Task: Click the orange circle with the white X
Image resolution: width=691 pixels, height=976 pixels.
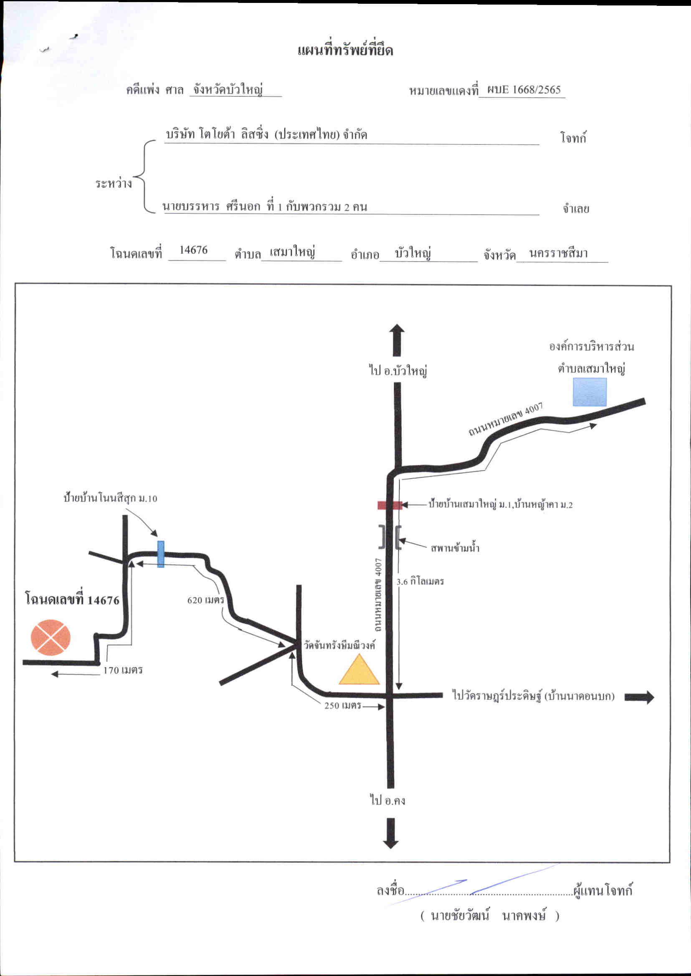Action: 51,638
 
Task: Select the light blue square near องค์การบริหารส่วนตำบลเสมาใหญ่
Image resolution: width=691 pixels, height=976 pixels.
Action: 589,392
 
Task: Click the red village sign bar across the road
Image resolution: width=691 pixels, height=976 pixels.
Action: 390,505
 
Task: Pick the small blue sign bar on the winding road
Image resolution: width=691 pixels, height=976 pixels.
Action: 161,554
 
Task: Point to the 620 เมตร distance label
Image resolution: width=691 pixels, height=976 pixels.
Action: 205,600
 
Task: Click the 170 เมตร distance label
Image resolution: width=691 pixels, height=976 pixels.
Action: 123,670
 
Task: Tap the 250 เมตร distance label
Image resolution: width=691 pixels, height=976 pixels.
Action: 343,706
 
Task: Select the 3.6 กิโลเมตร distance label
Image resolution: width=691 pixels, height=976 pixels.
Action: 420,581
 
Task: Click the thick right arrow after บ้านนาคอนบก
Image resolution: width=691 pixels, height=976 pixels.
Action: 639,697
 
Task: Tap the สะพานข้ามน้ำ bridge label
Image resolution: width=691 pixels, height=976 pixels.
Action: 455,548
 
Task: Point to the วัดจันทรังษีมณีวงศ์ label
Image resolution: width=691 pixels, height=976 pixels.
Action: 339,645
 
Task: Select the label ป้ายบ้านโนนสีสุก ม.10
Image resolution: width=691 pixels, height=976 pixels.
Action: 110,498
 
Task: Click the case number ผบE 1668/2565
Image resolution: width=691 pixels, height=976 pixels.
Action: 524,89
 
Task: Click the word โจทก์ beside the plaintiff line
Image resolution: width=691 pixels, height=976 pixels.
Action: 573,138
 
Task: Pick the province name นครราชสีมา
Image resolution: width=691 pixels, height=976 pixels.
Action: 559,253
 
